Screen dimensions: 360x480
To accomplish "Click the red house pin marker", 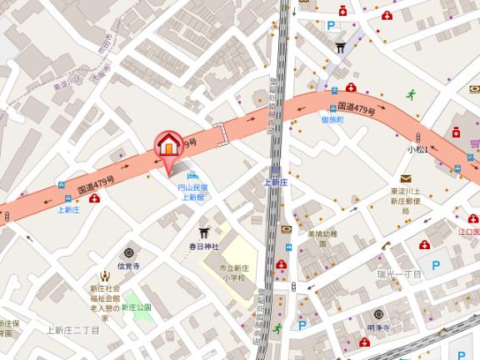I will coord(168,145).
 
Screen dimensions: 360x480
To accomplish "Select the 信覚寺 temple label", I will coord(127,267).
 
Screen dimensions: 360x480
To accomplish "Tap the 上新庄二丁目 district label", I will coord(72,331).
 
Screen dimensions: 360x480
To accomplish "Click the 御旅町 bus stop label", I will coord(332,120).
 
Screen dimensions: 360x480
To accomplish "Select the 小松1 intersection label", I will coord(417,148).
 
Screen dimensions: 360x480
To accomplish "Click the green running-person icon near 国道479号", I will coord(410,94).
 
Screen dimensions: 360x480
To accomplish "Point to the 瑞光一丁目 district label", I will coord(399,273).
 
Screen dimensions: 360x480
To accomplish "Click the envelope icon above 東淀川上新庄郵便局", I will coord(405,178).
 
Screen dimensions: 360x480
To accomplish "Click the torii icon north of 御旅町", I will coord(340,47).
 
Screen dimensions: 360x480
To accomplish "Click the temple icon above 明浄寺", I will coord(378,314).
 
